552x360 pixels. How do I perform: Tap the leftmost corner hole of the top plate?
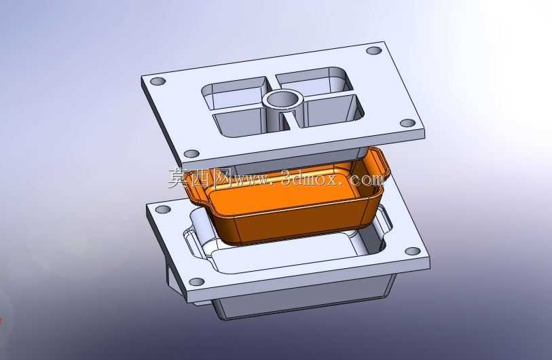pos(158,82)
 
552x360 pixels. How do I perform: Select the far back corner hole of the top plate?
pos(374,50)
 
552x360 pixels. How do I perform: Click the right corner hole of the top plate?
pos(408,124)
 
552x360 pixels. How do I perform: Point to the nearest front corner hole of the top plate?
pos(192,154)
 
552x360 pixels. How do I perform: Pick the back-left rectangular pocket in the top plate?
pos(234,94)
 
